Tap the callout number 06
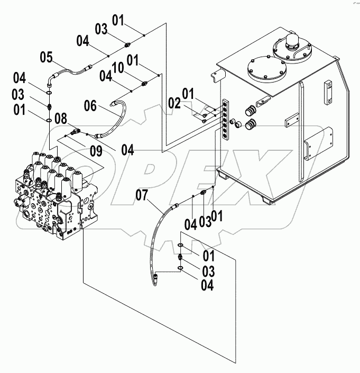pos(91,106)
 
